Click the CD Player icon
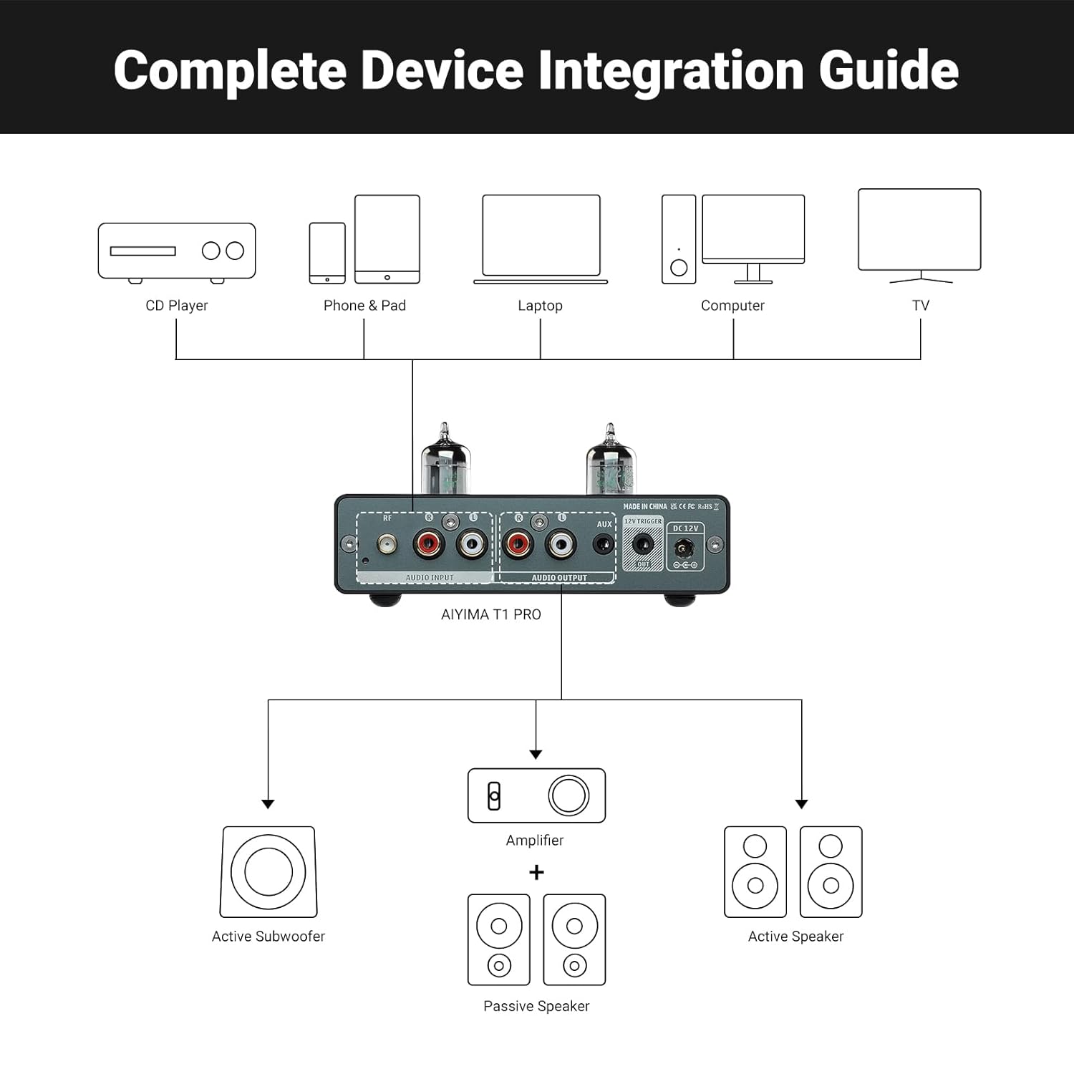(177, 251)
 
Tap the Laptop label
(540, 306)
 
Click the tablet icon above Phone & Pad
(387, 239)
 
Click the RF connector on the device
(387, 546)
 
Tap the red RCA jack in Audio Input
(429, 546)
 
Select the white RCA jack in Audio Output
(561, 546)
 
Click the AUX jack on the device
(604, 545)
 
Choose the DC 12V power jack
(684, 550)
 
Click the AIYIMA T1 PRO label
(491, 614)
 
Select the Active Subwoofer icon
(268, 871)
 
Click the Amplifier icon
(536, 795)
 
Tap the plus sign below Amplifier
(536, 872)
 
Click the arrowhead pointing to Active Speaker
(801, 804)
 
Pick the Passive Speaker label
(536, 1006)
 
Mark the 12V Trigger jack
(643, 544)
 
